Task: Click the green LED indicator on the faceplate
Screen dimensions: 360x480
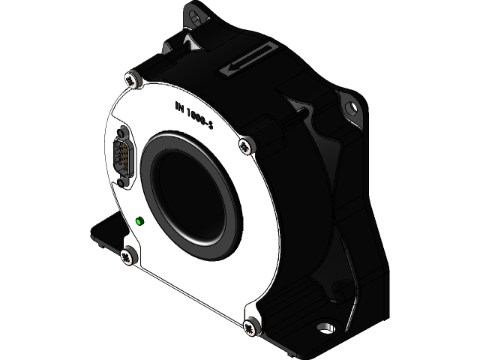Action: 139,221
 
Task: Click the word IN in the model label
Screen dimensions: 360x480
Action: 180,107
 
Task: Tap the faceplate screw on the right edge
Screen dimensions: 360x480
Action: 244,145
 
